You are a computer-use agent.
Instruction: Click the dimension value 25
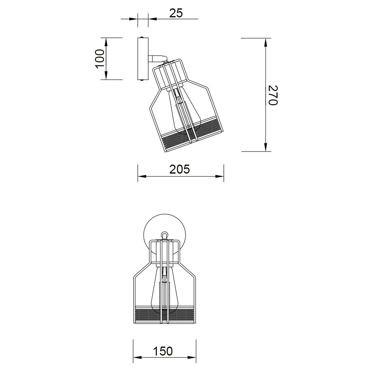[x=176, y=14]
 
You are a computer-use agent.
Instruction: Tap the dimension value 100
[x=100, y=59]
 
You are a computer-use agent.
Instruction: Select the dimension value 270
[x=273, y=95]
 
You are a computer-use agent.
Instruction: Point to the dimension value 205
[x=179, y=169]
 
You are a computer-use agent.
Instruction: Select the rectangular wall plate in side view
[x=143, y=59]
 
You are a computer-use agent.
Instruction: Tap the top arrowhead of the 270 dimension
[x=266, y=42]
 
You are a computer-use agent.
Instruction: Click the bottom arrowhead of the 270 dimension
[x=266, y=147]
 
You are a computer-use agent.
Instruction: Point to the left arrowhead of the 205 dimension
[x=142, y=176]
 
